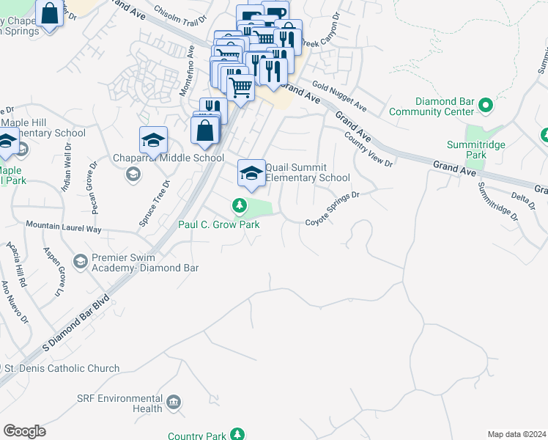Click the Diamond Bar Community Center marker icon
click(x=484, y=107)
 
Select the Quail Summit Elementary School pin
click(x=251, y=174)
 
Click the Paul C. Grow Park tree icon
click(x=239, y=206)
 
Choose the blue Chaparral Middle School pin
click(x=153, y=139)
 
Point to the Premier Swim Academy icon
click(x=81, y=260)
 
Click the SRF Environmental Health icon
click(x=174, y=402)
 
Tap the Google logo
click(x=24, y=431)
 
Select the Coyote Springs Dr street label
click(x=333, y=208)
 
